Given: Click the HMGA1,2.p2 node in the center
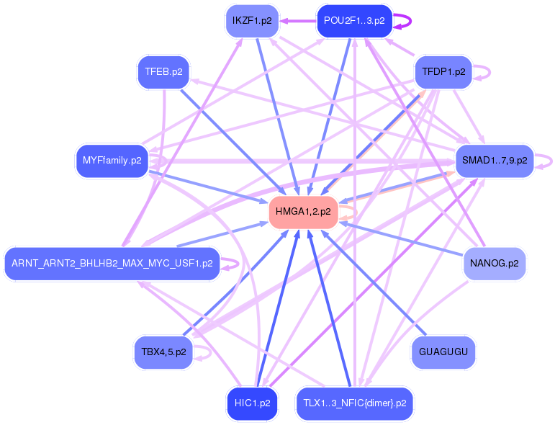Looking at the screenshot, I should pos(303,212).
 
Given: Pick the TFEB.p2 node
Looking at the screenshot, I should pos(163,72).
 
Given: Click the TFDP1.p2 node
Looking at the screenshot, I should pos(443,72).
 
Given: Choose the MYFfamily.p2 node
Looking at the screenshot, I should pos(112,160).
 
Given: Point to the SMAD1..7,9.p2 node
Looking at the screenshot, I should pos(495,160).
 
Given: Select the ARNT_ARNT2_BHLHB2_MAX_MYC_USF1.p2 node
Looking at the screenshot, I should pos(112,264).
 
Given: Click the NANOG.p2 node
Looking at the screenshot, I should pos(495,264).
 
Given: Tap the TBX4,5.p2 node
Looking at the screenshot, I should pos(163,352).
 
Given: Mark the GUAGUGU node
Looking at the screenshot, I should pos(443,352).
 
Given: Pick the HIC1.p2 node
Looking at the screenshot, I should pos(251,403).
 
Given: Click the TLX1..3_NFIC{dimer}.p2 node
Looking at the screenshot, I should pos(354,403).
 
